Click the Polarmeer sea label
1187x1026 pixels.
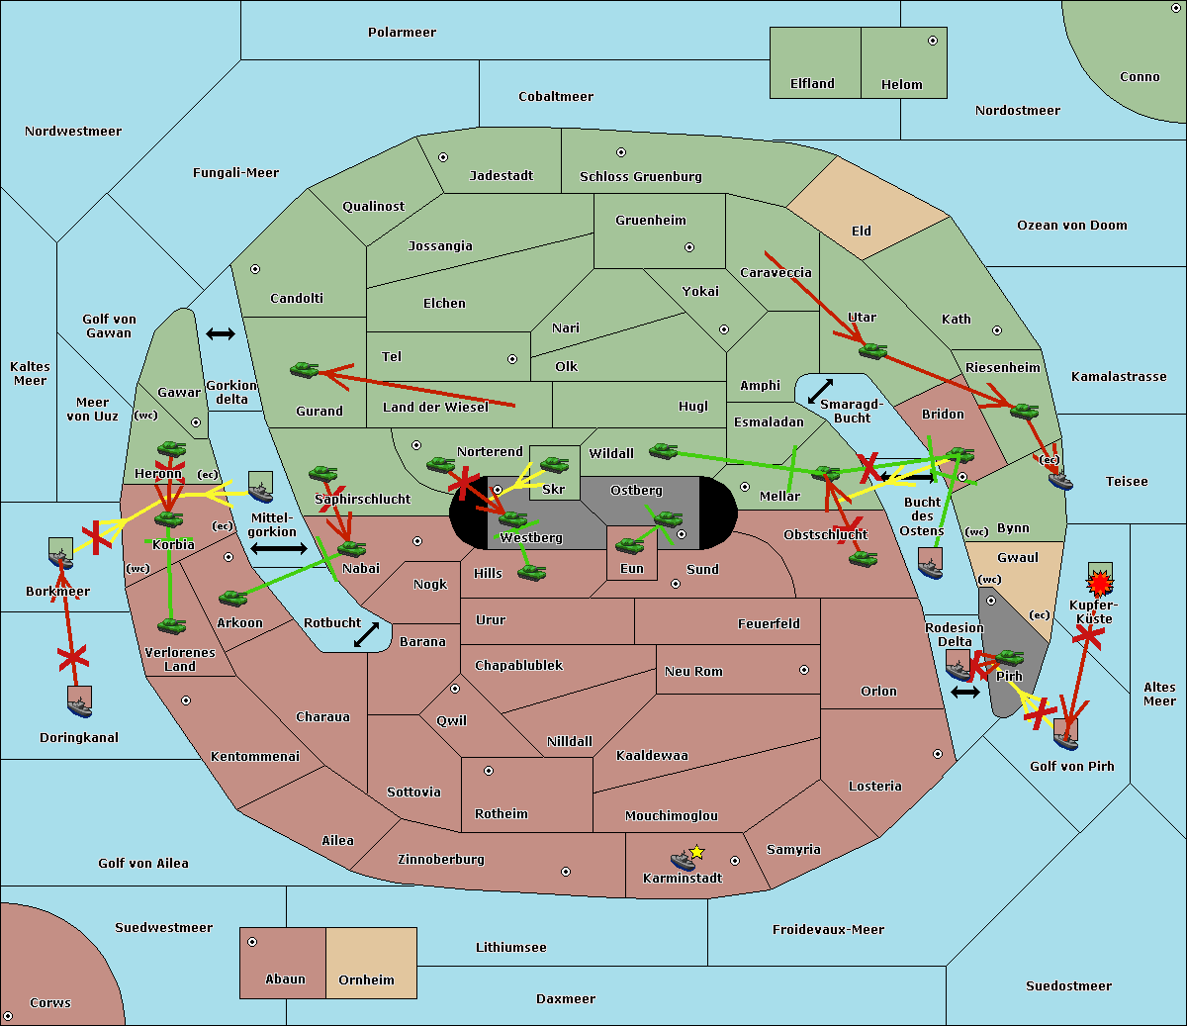tap(402, 33)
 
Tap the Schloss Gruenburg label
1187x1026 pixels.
tap(640, 177)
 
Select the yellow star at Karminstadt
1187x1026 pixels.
tap(697, 852)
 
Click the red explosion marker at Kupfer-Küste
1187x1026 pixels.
tap(1099, 584)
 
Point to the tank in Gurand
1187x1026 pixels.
tap(304, 370)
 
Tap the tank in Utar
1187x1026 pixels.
tap(871, 350)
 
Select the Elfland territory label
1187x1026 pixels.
tap(812, 84)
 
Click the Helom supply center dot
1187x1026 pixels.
tap(932, 41)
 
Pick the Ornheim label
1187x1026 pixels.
tap(366, 980)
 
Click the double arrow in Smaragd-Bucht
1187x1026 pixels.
tap(820, 392)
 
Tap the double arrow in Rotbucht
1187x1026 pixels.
tap(366, 634)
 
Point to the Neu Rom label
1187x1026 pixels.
tap(693, 671)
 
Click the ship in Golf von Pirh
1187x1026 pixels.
tap(1065, 733)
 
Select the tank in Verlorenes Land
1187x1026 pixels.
tap(171, 625)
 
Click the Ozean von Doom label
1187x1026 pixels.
tap(1071, 226)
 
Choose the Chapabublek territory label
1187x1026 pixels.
tap(518, 665)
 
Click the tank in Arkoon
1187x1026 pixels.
tap(232, 598)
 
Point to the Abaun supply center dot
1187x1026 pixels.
tap(252, 942)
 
